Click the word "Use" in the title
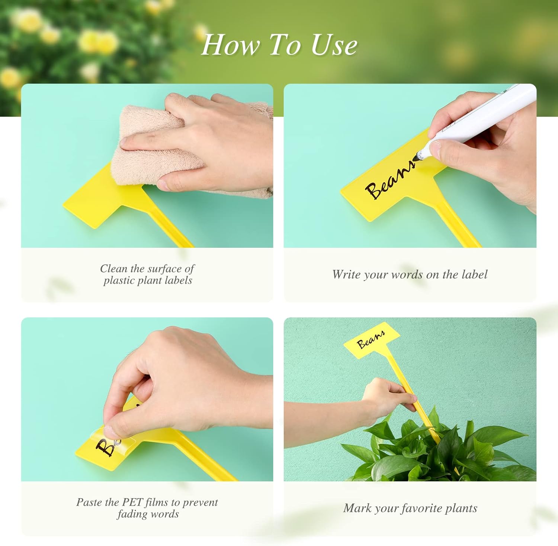(x=334, y=45)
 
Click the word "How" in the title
(x=230, y=45)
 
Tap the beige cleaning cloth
(x=156, y=156)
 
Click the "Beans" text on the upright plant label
(x=371, y=339)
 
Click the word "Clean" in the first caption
(x=113, y=269)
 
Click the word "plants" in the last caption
(x=461, y=508)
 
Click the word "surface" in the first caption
(x=165, y=269)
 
